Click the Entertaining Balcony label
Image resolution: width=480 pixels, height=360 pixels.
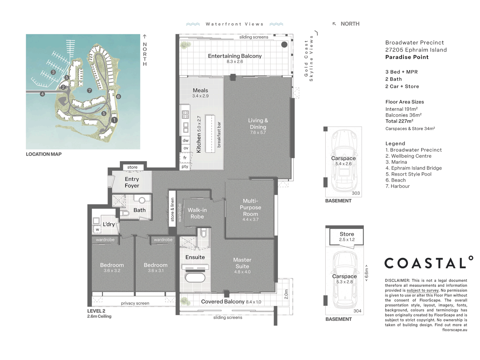point(235,58)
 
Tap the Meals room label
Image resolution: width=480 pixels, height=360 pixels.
point(200,93)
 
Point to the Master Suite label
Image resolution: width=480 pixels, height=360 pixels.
point(242,266)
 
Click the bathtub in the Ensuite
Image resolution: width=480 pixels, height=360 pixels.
point(195,278)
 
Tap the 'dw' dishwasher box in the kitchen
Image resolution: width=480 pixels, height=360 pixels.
point(185,140)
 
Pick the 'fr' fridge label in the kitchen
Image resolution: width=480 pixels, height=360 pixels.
point(185,158)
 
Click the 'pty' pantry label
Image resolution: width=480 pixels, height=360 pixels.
point(185,166)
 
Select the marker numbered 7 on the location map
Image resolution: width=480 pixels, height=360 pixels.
point(89,90)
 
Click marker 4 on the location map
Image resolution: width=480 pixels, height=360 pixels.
point(42,94)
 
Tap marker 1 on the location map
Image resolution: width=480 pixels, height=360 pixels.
point(114,120)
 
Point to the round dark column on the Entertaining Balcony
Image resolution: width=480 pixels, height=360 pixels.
point(284,45)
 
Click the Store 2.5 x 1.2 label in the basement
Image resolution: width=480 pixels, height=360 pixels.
point(347,237)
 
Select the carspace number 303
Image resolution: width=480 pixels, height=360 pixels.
point(356,193)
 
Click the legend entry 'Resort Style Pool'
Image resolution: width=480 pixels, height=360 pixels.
point(408,174)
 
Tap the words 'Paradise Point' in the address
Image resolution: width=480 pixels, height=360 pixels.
point(407,57)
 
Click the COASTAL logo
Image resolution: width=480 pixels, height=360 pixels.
point(429,263)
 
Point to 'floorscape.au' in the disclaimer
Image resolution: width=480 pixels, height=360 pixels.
point(455,330)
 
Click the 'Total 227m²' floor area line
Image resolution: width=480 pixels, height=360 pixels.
point(399,121)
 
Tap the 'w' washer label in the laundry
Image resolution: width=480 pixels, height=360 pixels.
point(97,230)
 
